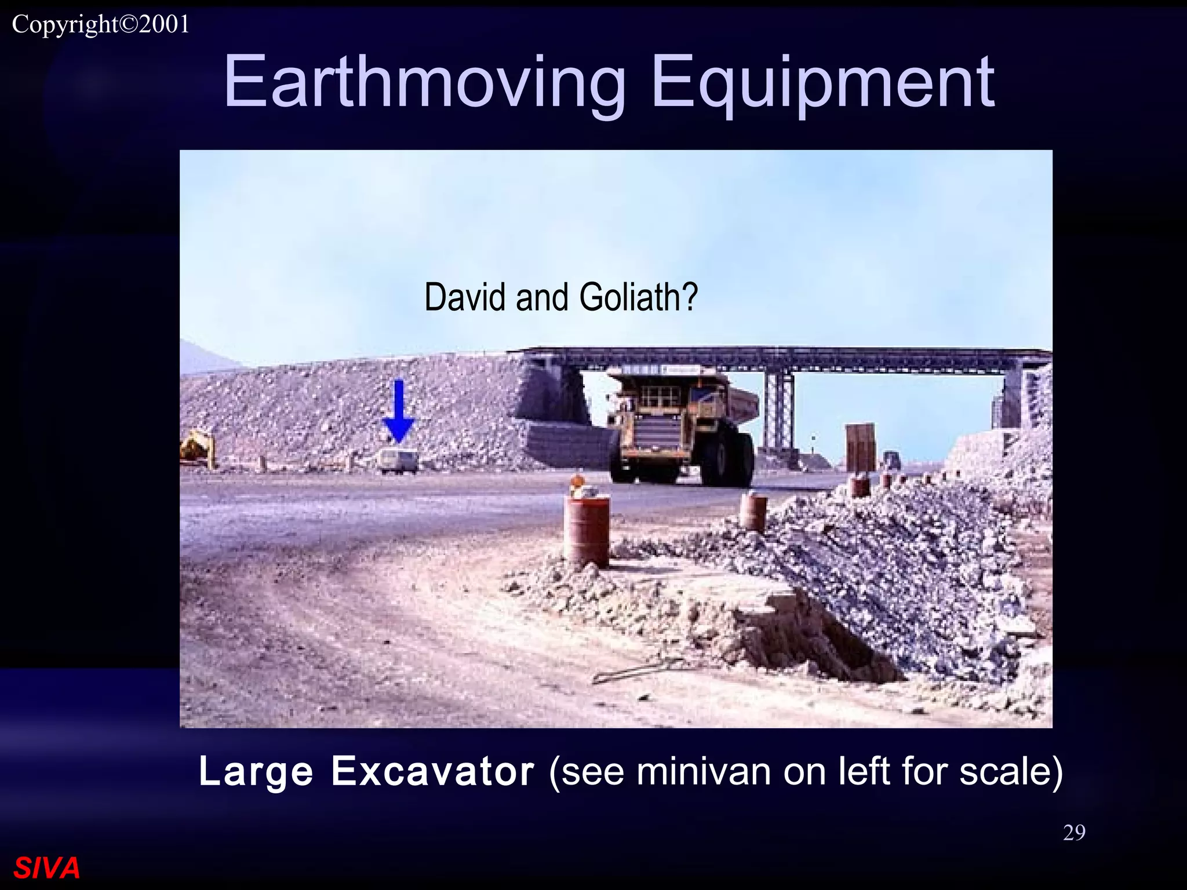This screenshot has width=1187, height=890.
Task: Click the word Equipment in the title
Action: [x=823, y=82]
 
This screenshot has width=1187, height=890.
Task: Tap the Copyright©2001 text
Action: [x=101, y=24]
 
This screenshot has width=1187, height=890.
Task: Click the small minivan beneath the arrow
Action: [x=399, y=461]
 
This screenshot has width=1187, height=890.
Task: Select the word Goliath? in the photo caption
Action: [x=638, y=297]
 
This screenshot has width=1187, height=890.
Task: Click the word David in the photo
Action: [x=467, y=297]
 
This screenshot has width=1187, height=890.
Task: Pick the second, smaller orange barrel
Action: [x=753, y=511]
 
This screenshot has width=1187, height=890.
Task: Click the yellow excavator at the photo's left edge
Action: [x=197, y=447]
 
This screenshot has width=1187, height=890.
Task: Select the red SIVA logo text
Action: [x=46, y=868]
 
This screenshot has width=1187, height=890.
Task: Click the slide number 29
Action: [x=1074, y=833]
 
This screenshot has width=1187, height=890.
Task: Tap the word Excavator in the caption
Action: [x=432, y=772]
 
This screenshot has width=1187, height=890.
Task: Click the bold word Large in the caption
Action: [x=256, y=772]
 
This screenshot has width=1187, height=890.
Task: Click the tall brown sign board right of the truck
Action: [x=860, y=447]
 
